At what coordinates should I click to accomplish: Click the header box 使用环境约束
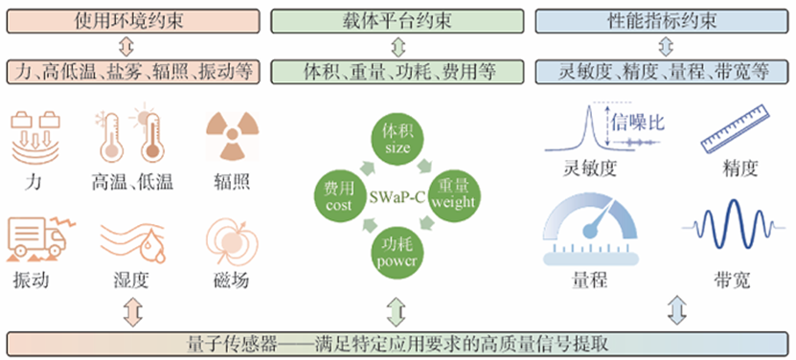[x=134, y=16]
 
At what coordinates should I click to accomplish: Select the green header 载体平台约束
[x=398, y=16]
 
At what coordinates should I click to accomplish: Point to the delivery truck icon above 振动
[x=34, y=236]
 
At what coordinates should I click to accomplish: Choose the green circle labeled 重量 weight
[x=452, y=195]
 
